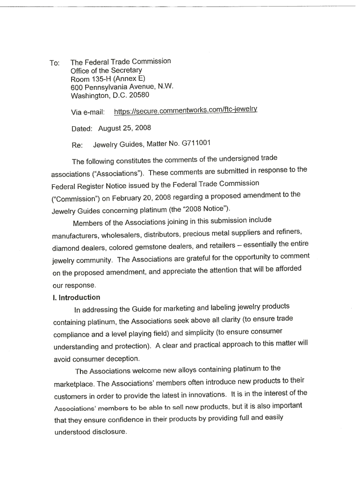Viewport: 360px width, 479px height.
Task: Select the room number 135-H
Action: [100, 79]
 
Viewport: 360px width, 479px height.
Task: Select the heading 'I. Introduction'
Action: [77, 298]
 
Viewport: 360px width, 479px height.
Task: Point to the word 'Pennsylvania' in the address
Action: [101, 87]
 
